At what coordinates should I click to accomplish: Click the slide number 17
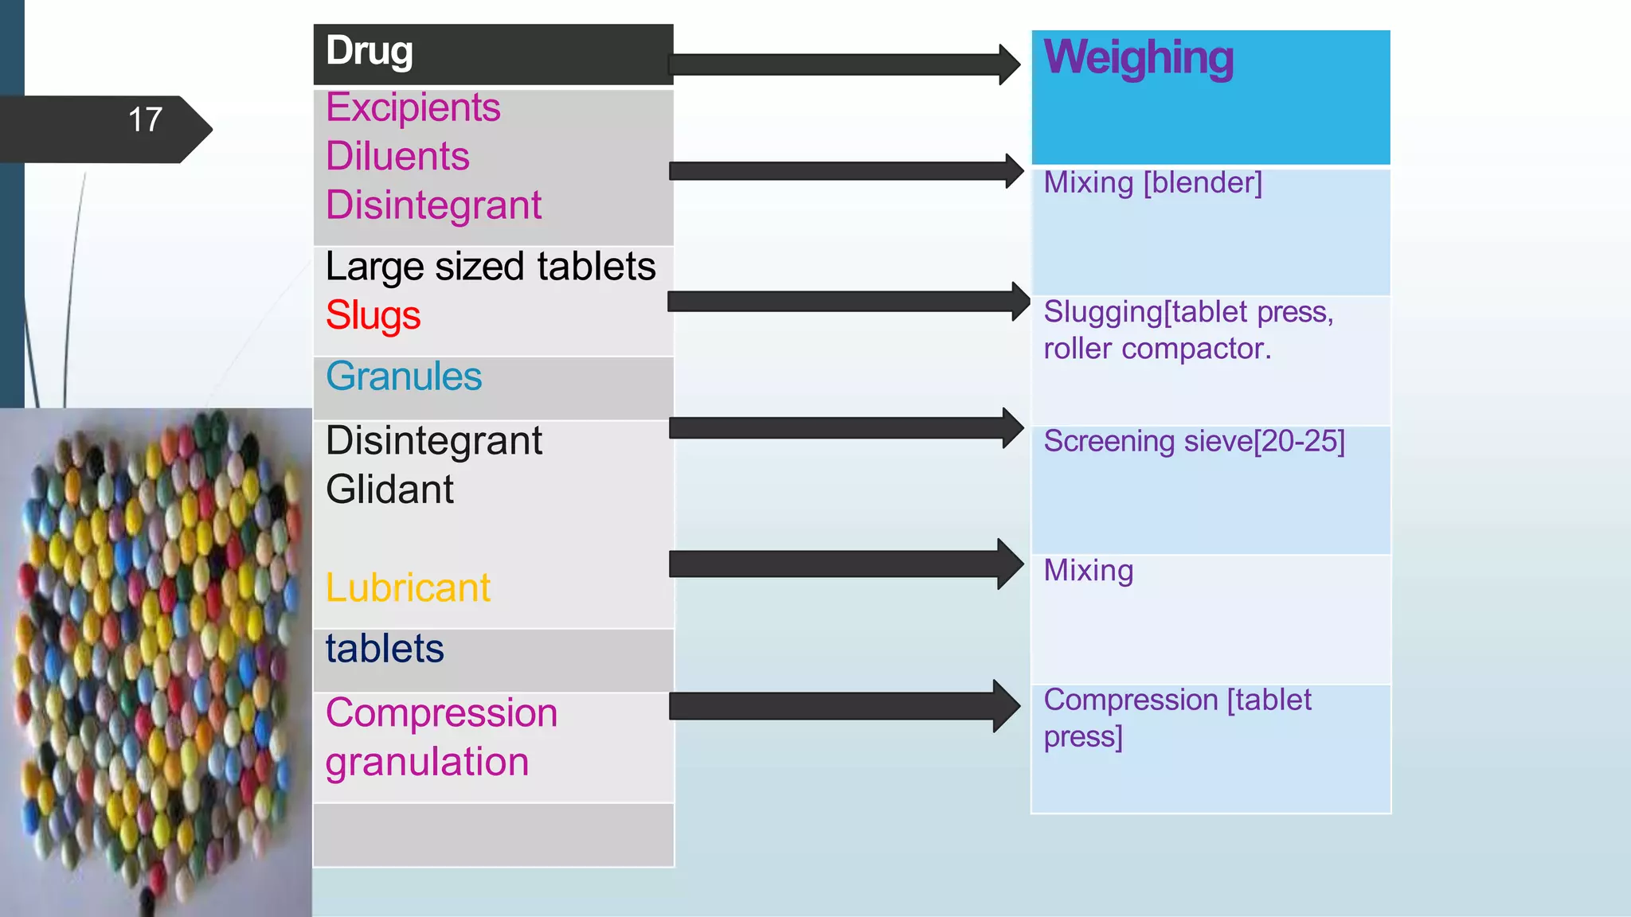click(145, 120)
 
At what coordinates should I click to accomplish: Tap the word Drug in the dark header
click(369, 51)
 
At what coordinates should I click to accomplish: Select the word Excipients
click(413, 107)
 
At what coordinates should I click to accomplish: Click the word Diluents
click(397, 156)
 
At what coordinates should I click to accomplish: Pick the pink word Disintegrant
click(433, 205)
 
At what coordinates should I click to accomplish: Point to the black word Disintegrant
click(434, 441)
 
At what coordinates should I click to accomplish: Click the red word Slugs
click(373, 315)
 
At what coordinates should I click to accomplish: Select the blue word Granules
click(404, 377)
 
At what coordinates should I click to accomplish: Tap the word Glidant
click(389, 490)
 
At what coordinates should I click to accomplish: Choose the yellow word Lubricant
click(408, 588)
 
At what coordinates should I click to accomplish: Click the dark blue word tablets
click(385, 649)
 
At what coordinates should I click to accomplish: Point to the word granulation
click(427, 762)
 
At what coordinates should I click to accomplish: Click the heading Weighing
click(1138, 58)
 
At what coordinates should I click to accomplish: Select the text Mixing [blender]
click(1152, 183)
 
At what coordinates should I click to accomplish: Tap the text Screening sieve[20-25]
click(1194, 441)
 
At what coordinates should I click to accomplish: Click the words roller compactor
click(1157, 349)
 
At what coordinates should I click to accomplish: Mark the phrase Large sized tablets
click(491, 267)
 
